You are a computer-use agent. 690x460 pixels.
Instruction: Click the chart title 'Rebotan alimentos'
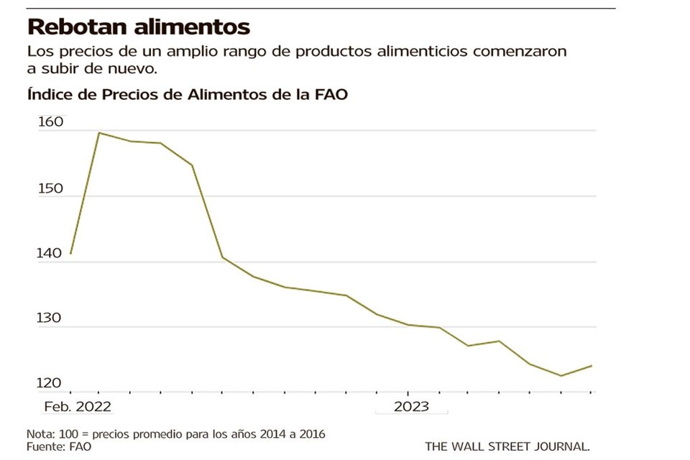coord(138,27)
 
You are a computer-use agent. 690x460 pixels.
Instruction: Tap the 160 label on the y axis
coord(51,122)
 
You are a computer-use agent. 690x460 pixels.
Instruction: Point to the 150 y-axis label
coord(51,188)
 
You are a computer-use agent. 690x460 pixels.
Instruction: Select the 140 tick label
coord(51,254)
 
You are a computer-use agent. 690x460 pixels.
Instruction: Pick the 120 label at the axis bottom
coord(51,385)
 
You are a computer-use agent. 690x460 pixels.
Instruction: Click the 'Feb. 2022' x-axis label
coord(77,407)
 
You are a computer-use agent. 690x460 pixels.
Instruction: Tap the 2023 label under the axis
coord(411,407)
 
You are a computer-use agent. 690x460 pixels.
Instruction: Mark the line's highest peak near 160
coord(98,133)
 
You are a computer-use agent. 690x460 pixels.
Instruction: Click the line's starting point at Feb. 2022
coord(70,254)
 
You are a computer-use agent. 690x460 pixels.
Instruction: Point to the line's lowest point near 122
coord(561,375)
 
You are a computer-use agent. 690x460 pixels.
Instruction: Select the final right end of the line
coord(592,366)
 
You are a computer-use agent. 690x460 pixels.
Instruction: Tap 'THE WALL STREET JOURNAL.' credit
coord(507,446)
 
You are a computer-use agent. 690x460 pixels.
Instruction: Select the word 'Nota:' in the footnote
coord(40,434)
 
